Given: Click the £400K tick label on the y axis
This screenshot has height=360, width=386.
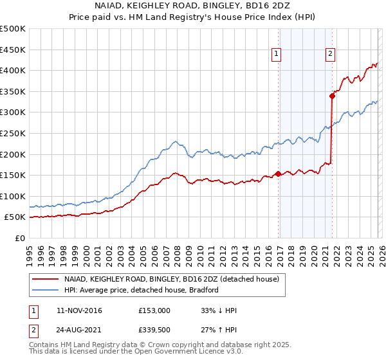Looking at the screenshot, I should (x=13, y=70).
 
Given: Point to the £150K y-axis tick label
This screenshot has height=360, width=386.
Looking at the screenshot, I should (x=13, y=175).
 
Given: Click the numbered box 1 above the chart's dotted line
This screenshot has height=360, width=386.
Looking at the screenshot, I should (x=277, y=55).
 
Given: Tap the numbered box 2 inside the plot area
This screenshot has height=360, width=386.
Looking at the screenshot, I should (x=330, y=55).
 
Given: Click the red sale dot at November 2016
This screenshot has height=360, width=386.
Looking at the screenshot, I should (x=278, y=174).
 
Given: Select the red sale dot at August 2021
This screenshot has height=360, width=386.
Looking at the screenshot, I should (x=333, y=96).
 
